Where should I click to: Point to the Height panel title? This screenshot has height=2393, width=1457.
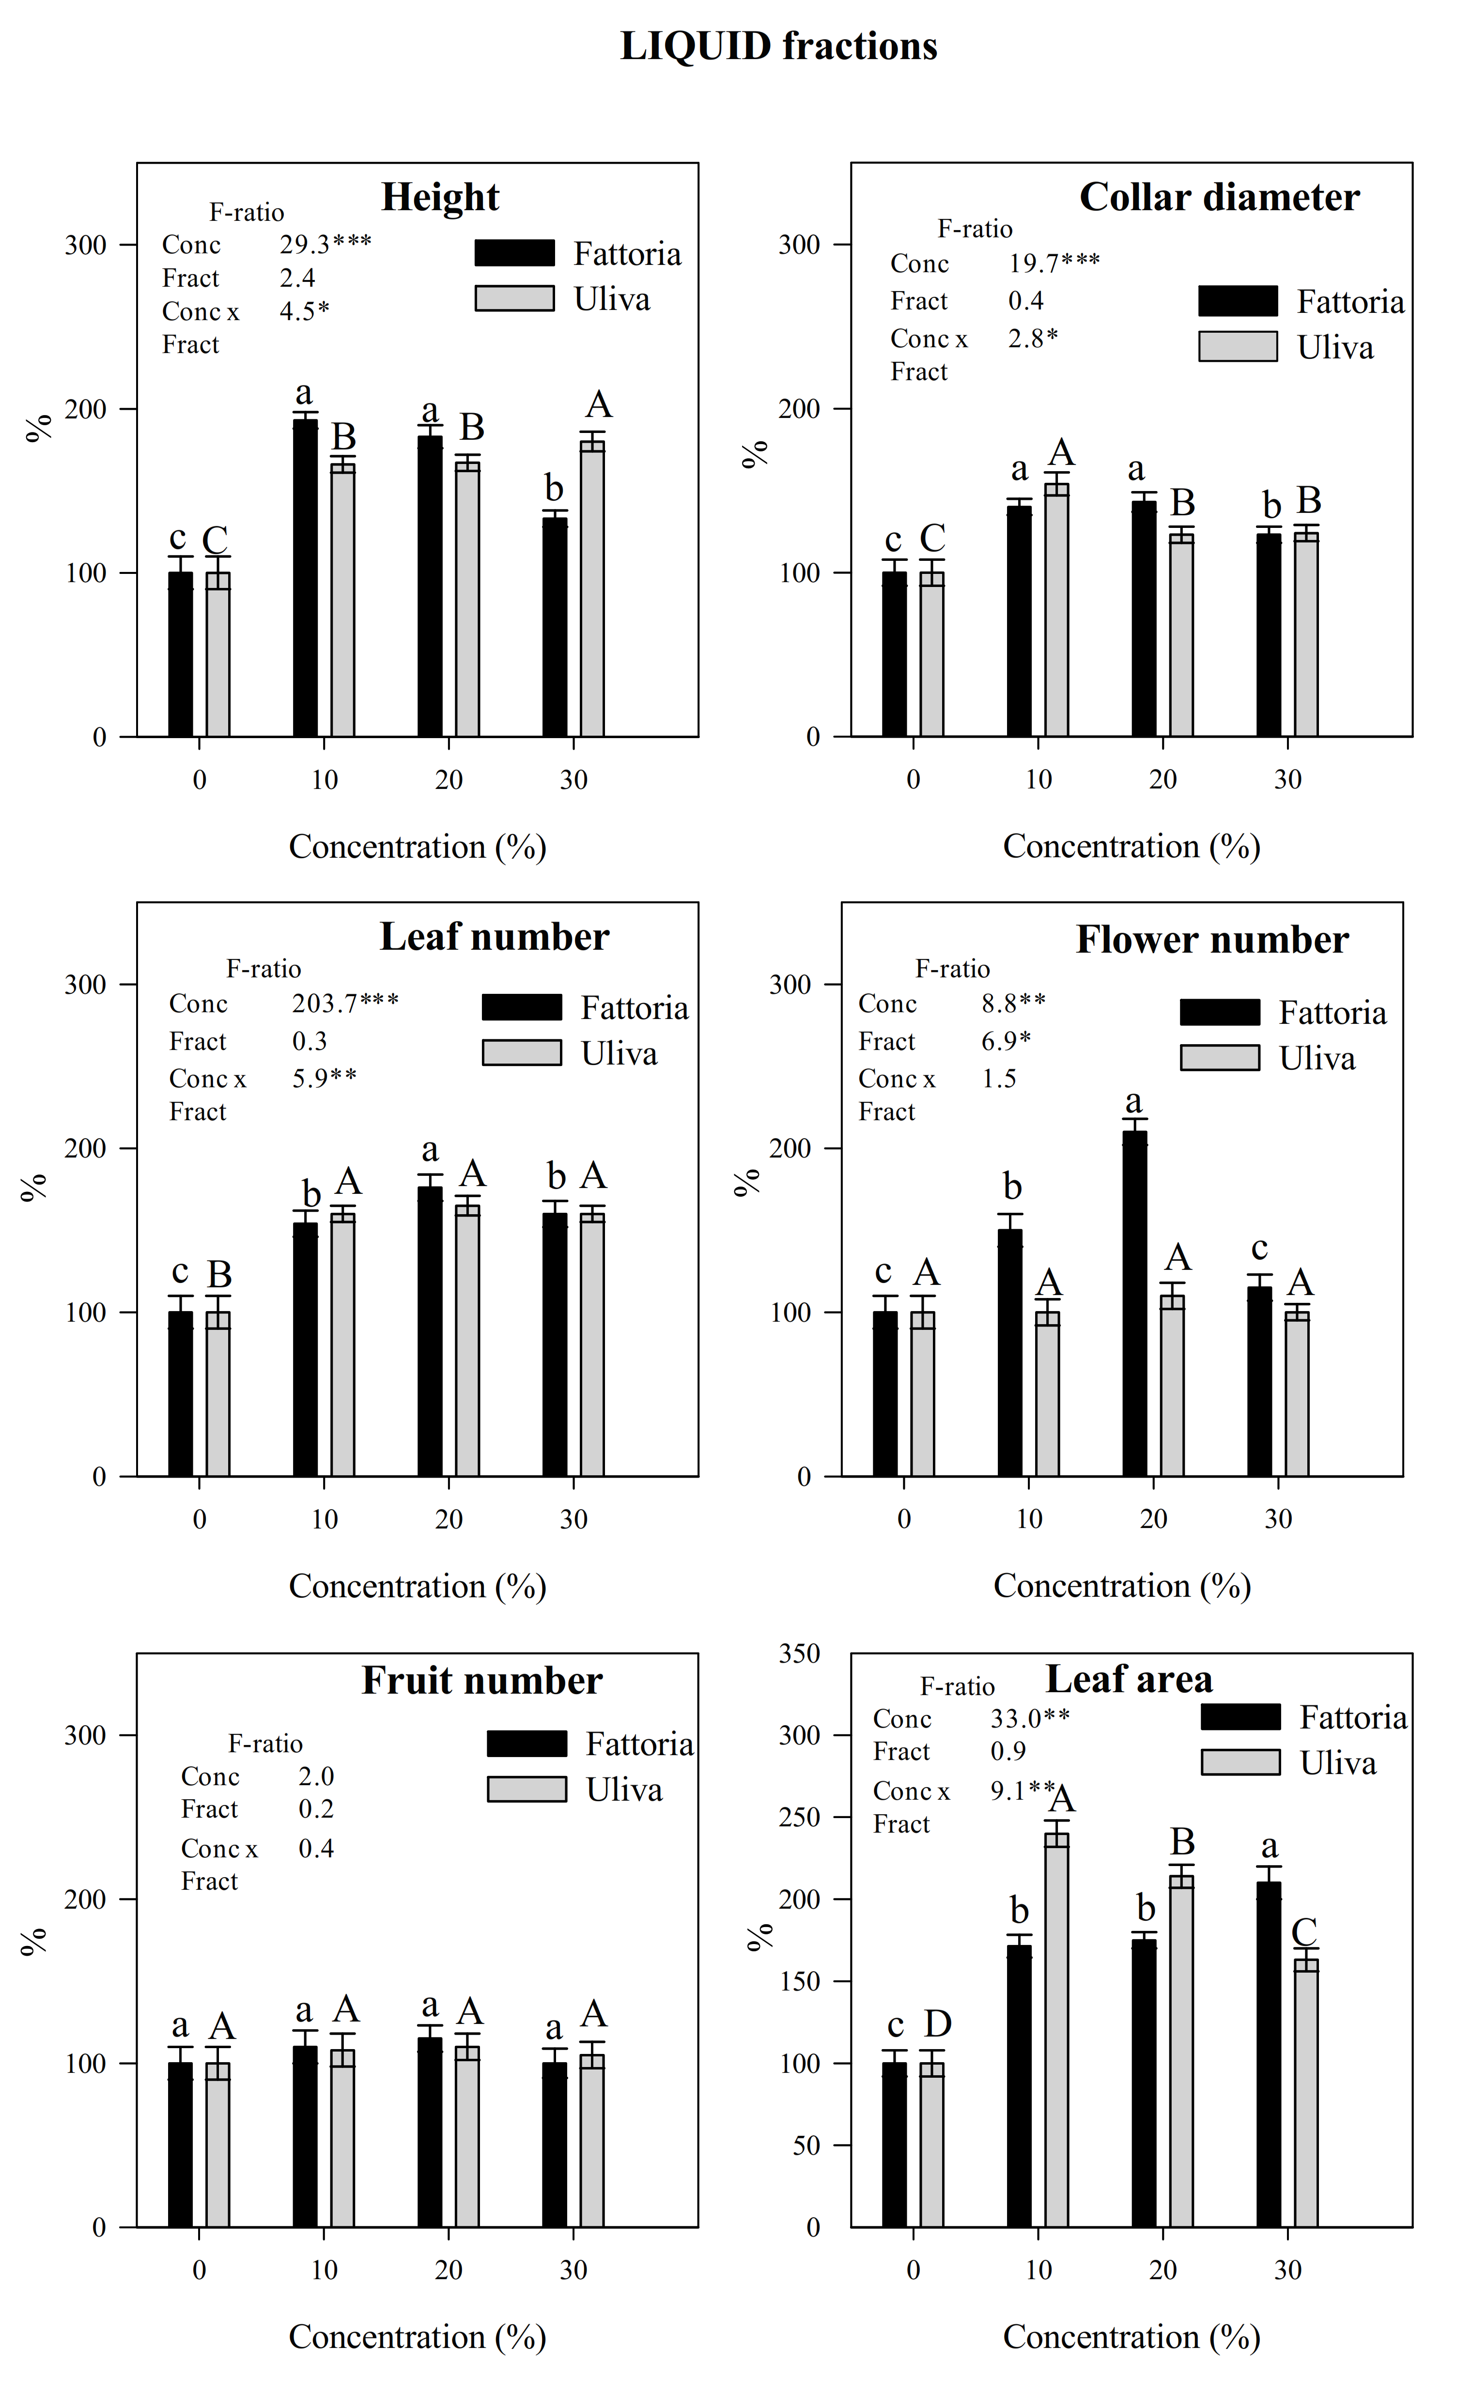(x=440, y=197)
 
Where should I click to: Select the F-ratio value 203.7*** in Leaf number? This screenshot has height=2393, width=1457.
(x=345, y=1002)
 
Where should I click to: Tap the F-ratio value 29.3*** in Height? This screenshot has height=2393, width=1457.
(x=325, y=244)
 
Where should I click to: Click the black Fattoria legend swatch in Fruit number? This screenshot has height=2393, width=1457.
(x=527, y=1743)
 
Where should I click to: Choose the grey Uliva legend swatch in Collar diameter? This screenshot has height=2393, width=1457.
(x=1238, y=347)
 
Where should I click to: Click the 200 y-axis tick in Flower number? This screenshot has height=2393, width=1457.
(x=790, y=1148)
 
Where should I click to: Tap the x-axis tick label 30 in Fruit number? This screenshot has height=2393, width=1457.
(x=573, y=2270)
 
